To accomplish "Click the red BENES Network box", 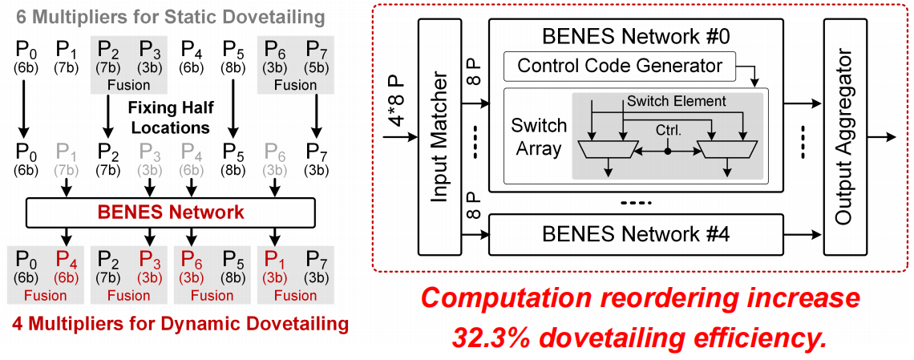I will point(172,212).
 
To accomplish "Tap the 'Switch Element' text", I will point(677,101).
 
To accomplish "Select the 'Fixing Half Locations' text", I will point(168,116).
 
